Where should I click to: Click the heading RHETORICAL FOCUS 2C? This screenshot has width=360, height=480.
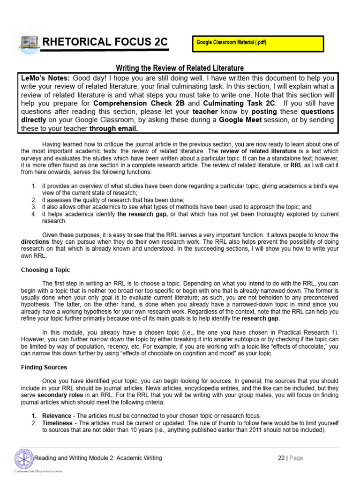click(105, 43)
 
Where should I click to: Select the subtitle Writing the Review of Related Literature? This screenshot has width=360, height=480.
click(180, 68)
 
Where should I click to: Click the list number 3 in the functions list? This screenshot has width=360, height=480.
click(34, 207)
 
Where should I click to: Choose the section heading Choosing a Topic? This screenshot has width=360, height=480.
click(45, 270)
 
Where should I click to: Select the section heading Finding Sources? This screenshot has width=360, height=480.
click(44, 367)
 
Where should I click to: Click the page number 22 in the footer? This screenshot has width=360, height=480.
click(281, 458)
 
